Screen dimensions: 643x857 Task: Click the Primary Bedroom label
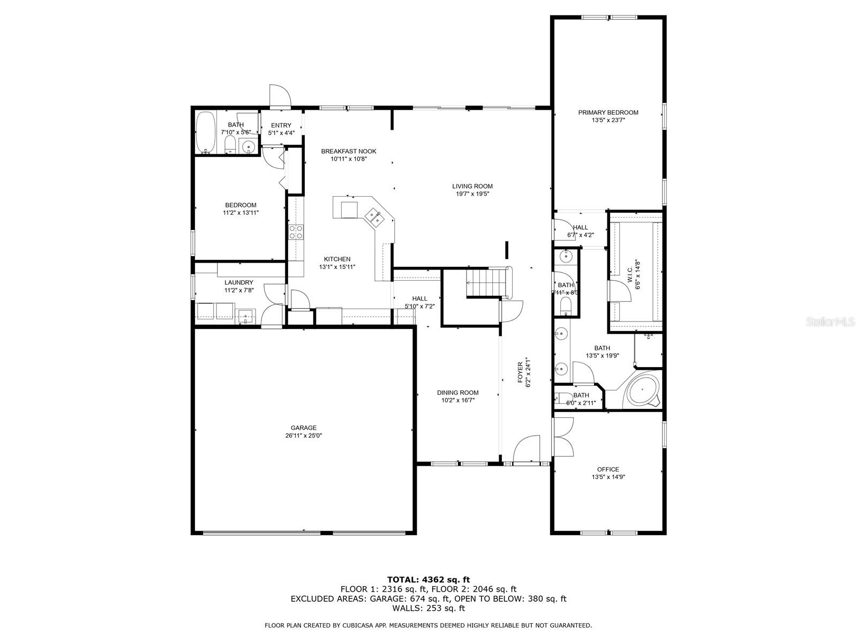[x=608, y=113]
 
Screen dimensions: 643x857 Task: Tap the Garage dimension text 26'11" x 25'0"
[x=304, y=436]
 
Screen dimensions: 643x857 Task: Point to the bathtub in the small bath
[x=206, y=132]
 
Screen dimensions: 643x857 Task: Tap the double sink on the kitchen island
[x=374, y=217]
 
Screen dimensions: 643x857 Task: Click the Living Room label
[x=472, y=186]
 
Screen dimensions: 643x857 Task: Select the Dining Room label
[x=457, y=392]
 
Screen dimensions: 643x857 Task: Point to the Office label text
[x=608, y=469]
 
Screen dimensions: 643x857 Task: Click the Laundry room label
[x=239, y=282]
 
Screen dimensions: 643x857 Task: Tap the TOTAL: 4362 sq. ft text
[x=428, y=579]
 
